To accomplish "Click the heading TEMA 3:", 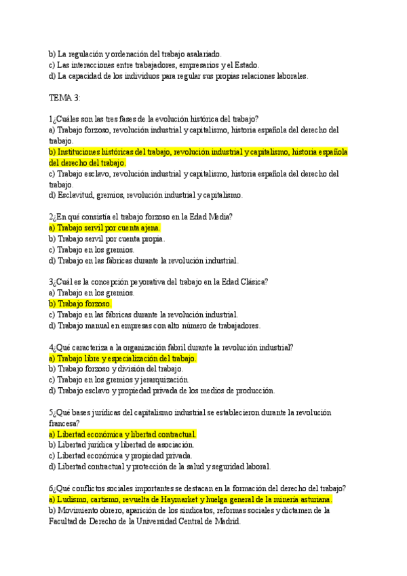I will [64, 98].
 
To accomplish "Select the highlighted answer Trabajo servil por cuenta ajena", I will [104, 228].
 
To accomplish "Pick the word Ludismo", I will [74, 499].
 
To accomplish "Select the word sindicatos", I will [201, 510].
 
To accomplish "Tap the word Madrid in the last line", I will [225, 521].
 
